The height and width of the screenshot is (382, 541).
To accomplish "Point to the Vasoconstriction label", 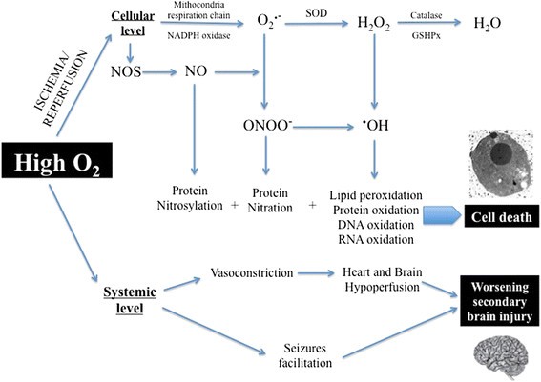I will click(x=252, y=274).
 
